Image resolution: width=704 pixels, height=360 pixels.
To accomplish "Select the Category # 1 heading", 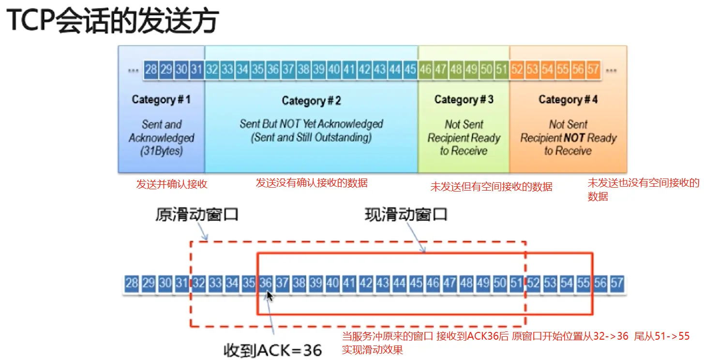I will click(x=161, y=100).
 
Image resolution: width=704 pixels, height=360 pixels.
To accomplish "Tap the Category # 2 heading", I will click(x=311, y=101).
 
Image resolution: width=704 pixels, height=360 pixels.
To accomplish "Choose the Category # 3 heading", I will click(x=464, y=100).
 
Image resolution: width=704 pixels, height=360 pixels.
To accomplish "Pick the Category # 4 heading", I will click(x=568, y=100).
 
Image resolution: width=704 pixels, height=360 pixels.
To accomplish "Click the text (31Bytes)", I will click(x=161, y=150).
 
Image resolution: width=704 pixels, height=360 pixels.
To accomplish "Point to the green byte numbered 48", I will click(x=456, y=70).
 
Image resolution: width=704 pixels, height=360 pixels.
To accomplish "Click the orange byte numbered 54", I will click(x=547, y=70).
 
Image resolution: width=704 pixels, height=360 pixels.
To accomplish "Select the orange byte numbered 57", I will click(x=593, y=70).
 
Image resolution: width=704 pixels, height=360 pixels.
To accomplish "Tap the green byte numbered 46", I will click(x=425, y=70).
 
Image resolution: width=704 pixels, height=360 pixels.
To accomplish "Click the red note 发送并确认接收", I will click(x=168, y=184).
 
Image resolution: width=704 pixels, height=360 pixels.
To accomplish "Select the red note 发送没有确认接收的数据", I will click(x=312, y=183).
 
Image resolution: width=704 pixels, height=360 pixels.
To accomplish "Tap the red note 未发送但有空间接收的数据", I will click(x=491, y=186).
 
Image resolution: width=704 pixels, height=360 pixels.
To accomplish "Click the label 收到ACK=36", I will click(x=273, y=349).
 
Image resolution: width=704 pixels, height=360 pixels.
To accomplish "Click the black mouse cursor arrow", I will click(x=270, y=296).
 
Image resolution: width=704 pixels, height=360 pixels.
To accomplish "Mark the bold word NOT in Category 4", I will click(x=574, y=138).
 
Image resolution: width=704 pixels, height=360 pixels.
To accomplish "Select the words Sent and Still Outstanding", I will click(x=311, y=137).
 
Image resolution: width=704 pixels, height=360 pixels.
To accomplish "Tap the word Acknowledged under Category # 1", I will click(x=161, y=137).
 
